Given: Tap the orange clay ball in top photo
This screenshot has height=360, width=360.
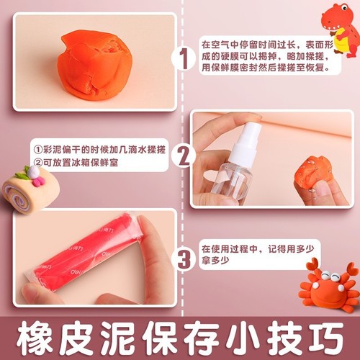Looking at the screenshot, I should (x=93, y=63).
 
